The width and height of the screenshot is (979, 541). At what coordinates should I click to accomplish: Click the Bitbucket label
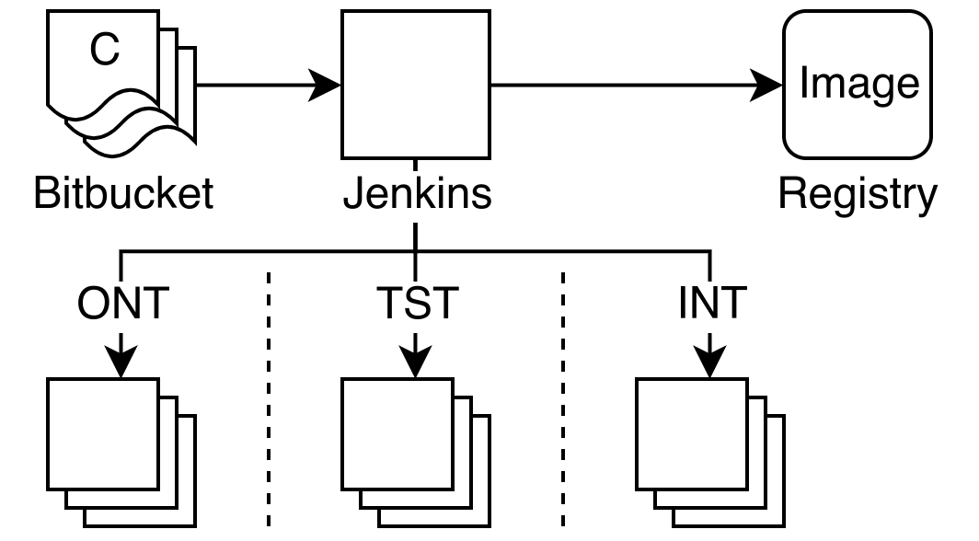pyautogui.click(x=123, y=195)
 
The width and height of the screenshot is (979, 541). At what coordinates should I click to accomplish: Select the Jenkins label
pyautogui.click(x=417, y=195)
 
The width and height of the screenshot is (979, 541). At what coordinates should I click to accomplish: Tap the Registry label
pyautogui.click(x=857, y=195)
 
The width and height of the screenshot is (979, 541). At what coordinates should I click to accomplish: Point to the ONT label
pyautogui.click(x=123, y=305)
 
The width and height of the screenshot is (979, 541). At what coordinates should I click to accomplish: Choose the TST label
pyautogui.click(x=417, y=305)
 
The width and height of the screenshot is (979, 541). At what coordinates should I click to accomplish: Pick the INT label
pyautogui.click(x=712, y=305)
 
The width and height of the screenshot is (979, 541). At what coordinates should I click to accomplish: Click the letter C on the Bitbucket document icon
pyautogui.click(x=105, y=50)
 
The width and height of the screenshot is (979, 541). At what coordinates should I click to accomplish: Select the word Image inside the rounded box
pyautogui.click(x=858, y=83)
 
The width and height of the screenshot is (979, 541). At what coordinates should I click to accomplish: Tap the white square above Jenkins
pyautogui.click(x=416, y=85)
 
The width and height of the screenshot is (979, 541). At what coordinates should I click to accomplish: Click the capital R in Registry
pyautogui.click(x=791, y=194)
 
